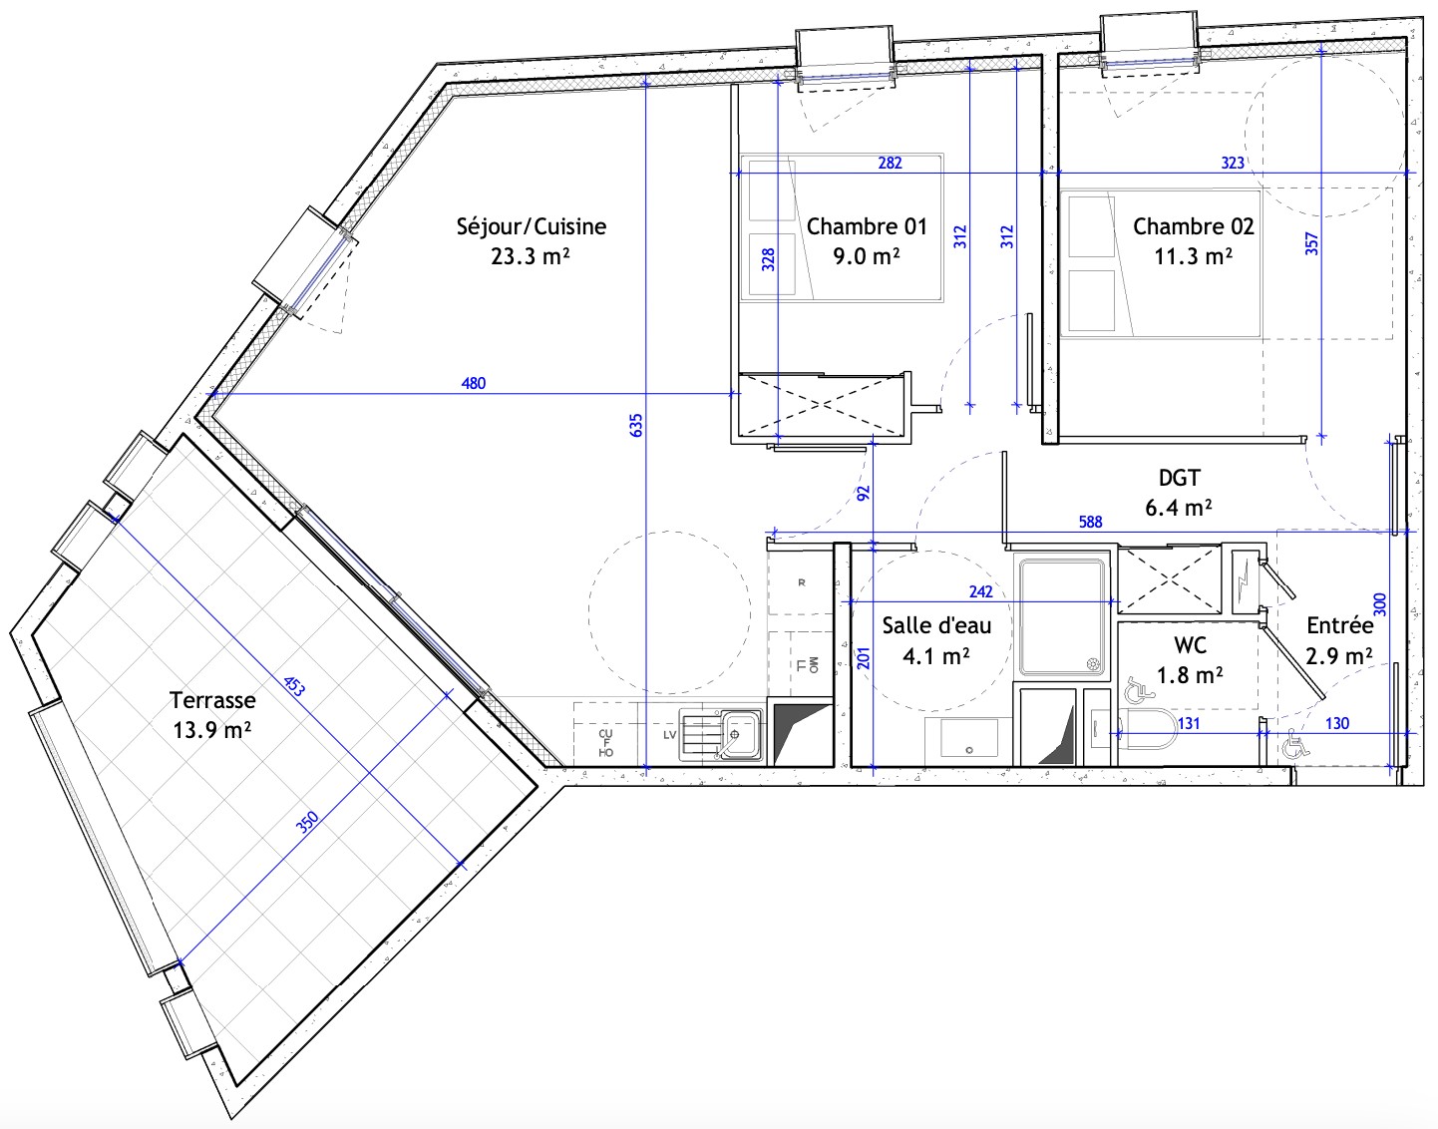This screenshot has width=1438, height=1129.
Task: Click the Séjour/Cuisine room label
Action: [x=531, y=227]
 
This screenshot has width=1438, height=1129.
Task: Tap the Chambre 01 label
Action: [x=867, y=226]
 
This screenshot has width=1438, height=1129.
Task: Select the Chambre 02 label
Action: [x=1193, y=226]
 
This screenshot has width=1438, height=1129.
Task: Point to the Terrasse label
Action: [x=212, y=699]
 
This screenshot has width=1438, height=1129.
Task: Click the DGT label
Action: [x=1180, y=477]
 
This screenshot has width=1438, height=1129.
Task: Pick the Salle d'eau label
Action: [x=936, y=624]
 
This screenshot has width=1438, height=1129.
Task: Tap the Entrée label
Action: [x=1340, y=624]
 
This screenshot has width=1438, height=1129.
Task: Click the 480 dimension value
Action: [x=473, y=383]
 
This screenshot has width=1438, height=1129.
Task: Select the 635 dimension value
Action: [x=636, y=425]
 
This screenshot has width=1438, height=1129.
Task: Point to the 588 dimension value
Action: [x=1091, y=523]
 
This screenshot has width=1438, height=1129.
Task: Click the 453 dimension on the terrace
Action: [x=295, y=686]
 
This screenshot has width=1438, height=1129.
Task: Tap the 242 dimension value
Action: [x=980, y=591]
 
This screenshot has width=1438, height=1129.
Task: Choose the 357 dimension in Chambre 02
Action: [x=1311, y=243]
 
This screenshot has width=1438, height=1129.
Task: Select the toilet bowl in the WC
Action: [x=1146, y=728]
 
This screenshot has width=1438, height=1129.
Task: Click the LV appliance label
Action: [x=670, y=735]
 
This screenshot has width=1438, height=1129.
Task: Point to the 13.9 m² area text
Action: [x=211, y=731]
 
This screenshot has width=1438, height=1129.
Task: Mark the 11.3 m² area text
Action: [x=1193, y=256]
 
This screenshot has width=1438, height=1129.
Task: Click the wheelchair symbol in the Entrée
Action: [x=1295, y=743]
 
